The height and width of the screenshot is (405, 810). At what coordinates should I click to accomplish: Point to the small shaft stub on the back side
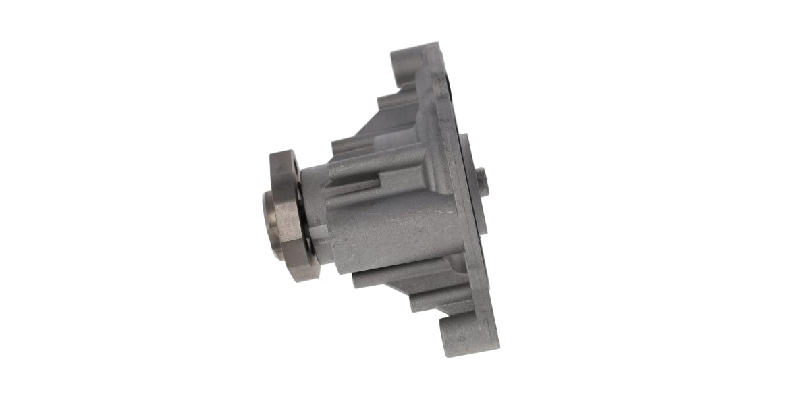(x=481, y=182)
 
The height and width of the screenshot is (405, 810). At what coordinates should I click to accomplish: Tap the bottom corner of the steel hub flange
(x=298, y=277)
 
